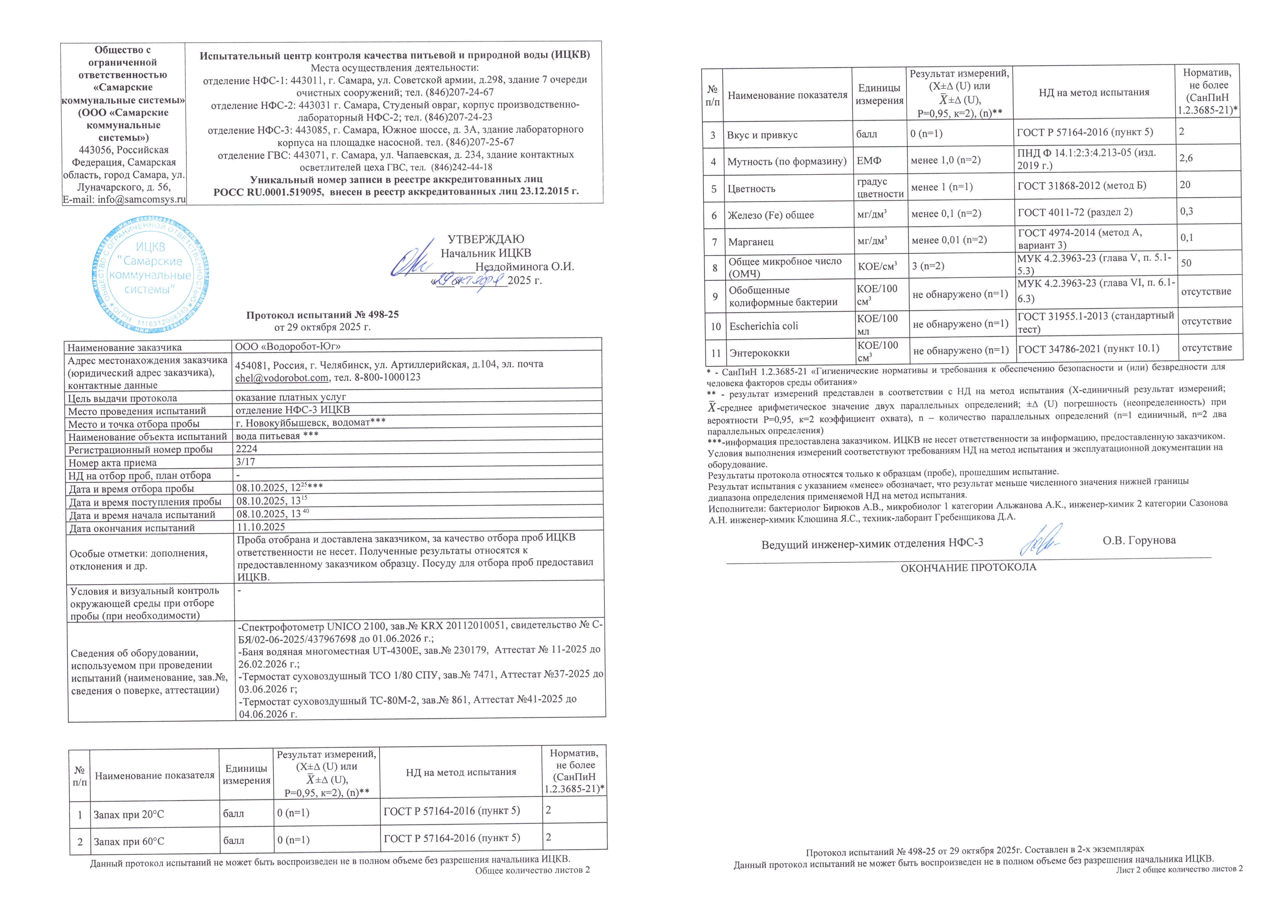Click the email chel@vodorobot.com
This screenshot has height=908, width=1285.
pyautogui.click(x=281, y=378)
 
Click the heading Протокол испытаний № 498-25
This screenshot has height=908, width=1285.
pyautogui.click(x=322, y=314)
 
